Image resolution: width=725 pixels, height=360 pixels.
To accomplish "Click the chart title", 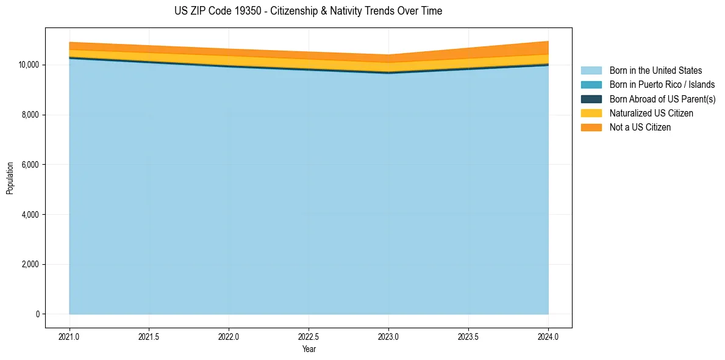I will (x=308, y=11).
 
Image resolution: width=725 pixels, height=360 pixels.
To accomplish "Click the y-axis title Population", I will (x=10, y=178).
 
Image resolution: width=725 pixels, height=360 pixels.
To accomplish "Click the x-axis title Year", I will (x=309, y=349).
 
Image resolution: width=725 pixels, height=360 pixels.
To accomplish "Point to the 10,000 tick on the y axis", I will (x=27, y=65).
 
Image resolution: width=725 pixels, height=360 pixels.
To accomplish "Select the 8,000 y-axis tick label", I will (x=29, y=115).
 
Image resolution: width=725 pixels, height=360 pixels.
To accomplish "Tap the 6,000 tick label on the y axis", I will (x=29, y=165).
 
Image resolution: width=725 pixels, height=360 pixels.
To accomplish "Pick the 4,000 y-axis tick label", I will (x=29, y=215).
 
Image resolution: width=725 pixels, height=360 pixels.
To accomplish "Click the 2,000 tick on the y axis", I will (x=29, y=264).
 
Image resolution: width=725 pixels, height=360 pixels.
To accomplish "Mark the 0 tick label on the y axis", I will (x=37, y=314).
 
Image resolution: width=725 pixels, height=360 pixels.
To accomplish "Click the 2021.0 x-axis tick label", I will (x=69, y=336).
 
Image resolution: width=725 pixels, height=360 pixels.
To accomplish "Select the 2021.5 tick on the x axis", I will (x=149, y=336).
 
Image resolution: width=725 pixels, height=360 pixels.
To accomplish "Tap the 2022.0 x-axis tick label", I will (x=229, y=336).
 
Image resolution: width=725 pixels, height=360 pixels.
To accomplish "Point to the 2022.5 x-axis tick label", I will (x=309, y=336).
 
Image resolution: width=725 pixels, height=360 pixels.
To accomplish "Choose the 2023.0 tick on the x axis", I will (x=388, y=336).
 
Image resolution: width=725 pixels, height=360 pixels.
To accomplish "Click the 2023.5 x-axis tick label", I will (x=468, y=336).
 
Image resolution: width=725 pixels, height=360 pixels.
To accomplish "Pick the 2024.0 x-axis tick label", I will (x=548, y=336).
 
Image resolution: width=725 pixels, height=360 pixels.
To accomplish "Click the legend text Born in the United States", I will (x=655, y=71).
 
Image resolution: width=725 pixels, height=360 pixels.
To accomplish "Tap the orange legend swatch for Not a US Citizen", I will (x=591, y=128).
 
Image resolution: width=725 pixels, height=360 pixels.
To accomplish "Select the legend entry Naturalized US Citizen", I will (x=651, y=113).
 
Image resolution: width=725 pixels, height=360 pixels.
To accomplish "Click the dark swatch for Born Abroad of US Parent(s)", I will (x=591, y=99).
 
